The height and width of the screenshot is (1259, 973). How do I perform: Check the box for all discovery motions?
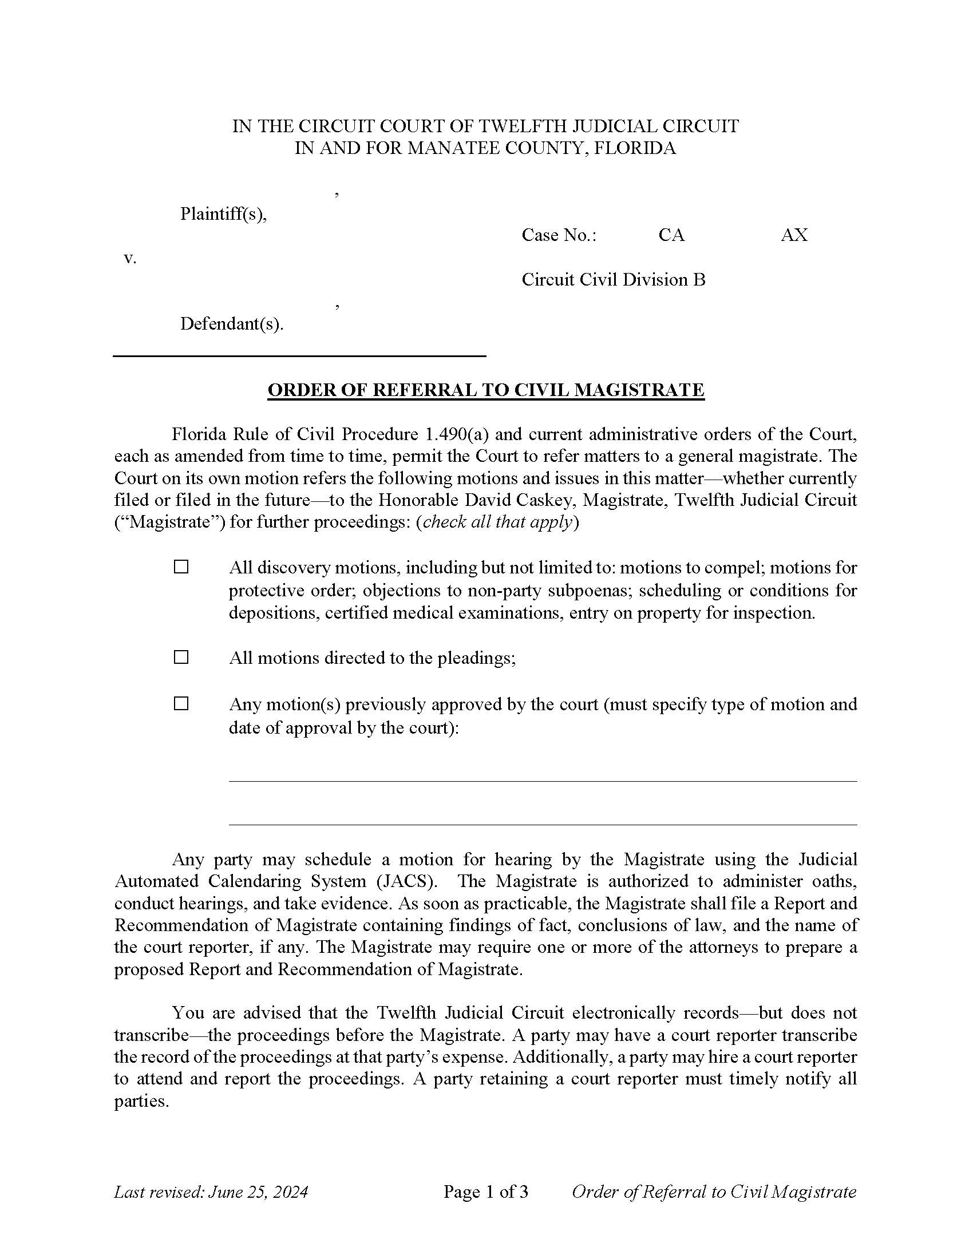181,567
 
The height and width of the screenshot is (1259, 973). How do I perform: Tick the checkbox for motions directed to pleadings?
181,657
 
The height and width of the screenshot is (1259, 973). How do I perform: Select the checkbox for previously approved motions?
181,703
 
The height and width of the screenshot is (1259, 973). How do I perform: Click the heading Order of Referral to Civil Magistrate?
486,390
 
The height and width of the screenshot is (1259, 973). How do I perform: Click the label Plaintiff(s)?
224,214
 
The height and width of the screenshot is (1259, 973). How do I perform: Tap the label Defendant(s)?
232,324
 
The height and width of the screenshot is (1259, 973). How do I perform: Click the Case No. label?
559,235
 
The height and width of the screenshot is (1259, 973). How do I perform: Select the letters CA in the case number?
671,235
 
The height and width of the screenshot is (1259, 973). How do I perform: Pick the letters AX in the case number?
794,235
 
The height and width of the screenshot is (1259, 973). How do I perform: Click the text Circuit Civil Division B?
614,280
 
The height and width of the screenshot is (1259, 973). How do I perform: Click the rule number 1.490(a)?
453,434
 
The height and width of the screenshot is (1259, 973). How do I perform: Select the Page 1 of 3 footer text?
486,1191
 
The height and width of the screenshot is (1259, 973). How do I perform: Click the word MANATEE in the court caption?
454,148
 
